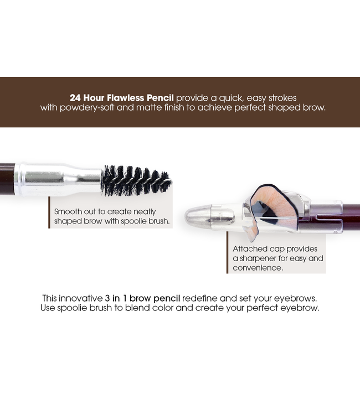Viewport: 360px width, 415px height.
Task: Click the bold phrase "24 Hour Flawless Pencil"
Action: (x=122, y=97)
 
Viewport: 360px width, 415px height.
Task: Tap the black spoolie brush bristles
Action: (x=136, y=180)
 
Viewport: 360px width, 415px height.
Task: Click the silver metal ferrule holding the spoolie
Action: (x=55, y=179)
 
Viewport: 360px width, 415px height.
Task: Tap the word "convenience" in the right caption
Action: (x=257, y=268)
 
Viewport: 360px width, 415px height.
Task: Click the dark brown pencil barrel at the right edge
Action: (x=351, y=218)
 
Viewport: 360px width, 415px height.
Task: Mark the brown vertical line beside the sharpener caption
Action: (x=227, y=252)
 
